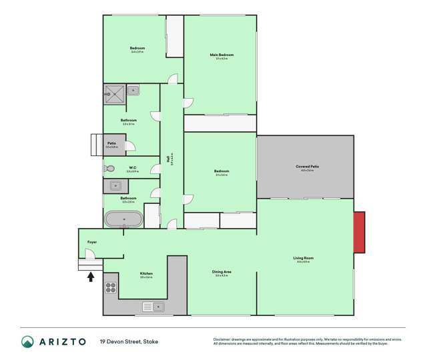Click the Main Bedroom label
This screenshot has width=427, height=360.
tap(222, 55)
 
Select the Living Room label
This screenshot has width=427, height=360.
tap(304, 258)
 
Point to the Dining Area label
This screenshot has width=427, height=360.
tap(222, 272)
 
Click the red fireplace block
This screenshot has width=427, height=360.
tap(359, 233)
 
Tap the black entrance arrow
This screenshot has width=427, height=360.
tap(91, 275)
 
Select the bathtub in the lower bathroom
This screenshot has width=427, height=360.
tap(123, 219)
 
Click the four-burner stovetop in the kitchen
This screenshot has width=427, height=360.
tap(111, 288)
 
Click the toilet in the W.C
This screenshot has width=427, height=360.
tap(109, 169)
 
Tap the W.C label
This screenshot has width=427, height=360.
tap(132, 168)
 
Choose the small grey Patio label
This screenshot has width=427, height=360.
tap(112, 143)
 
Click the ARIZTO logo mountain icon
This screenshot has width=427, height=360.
tap(28, 341)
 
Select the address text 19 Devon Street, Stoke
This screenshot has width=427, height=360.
tap(129, 341)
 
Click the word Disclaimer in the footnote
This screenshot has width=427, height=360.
tap(222, 339)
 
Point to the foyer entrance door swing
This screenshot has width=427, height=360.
tap(88, 253)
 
